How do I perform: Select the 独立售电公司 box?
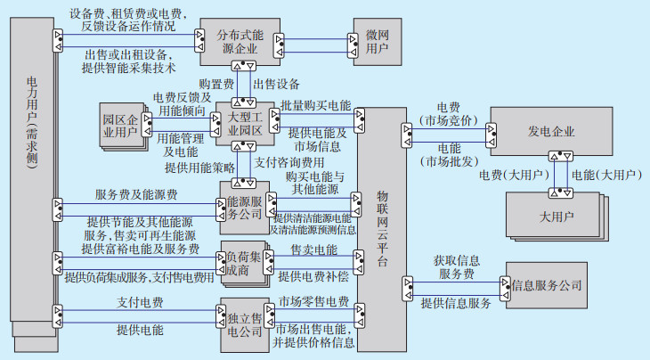pos(242,324)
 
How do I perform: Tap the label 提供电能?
pos(140,331)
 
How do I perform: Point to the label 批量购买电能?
pos(315,106)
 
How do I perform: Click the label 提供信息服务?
pos(456,303)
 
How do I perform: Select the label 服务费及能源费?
pos(136,194)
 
